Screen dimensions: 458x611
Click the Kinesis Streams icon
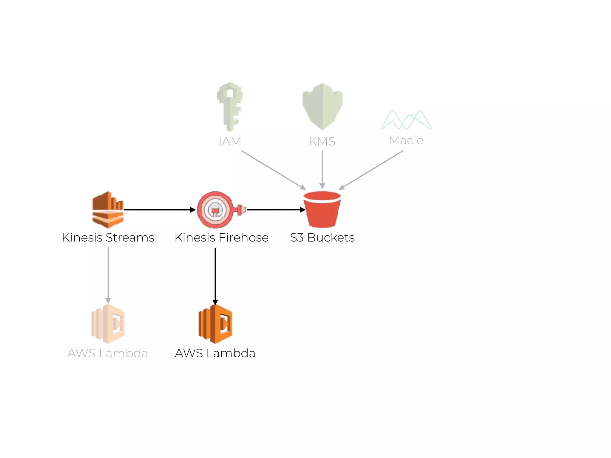click(x=108, y=210)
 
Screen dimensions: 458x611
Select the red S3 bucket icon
click(x=322, y=209)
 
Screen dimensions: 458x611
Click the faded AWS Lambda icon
click(x=108, y=324)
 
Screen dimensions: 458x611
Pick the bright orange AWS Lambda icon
click(x=215, y=324)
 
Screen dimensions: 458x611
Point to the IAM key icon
click(x=230, y=106)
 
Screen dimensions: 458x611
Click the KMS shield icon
click(x=322, y=106)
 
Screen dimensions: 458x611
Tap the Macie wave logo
click(x=406, y=120)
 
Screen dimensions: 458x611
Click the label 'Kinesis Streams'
click(x=108, y=238)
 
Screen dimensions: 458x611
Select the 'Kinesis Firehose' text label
click(x=221, y=238)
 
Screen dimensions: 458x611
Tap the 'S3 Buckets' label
click(x=322, y=238)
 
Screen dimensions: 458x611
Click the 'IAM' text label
click(x=230, y=141)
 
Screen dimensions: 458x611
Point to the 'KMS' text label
click(x=322, y=141)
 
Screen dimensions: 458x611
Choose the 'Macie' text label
click(x=406, y=140)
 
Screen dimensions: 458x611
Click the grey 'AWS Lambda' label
click(x=108, y=353)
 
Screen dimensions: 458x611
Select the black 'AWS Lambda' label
click(x=215, y=353)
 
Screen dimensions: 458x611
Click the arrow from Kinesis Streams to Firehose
click(x=160, y=210)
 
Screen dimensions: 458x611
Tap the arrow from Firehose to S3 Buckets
click(x=276, y=210)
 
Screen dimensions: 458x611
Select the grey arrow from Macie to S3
click(x=371, y=170)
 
